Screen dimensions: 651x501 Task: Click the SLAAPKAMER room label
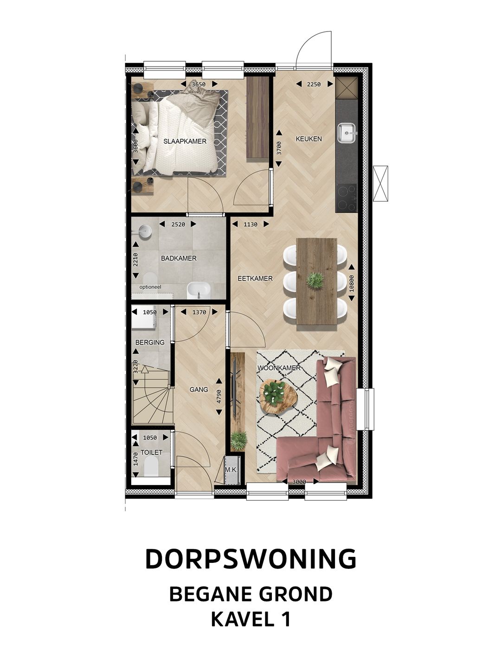(x=185, y=141)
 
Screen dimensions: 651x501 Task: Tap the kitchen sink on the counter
(x=347, y=133)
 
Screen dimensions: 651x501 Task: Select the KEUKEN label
(x=309, y=139)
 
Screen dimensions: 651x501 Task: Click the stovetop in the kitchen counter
(x=346, y=198)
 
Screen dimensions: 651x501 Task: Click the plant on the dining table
(x=315, y=281)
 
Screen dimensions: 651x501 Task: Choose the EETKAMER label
(x=255, y=279)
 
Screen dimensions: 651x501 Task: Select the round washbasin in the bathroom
(x=145, y=231)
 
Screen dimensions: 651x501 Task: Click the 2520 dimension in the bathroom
(x=178, y=224)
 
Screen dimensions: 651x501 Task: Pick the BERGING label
(x=150, y=342)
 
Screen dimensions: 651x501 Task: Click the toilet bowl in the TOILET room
(x=151, y=466)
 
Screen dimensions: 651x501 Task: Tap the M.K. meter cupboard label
(x=231, y=470)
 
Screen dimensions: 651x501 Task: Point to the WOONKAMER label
(x=279, y=368)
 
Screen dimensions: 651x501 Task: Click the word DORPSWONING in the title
(x=250, y=559)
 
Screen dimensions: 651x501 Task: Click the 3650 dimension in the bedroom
(x=199, y=84)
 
